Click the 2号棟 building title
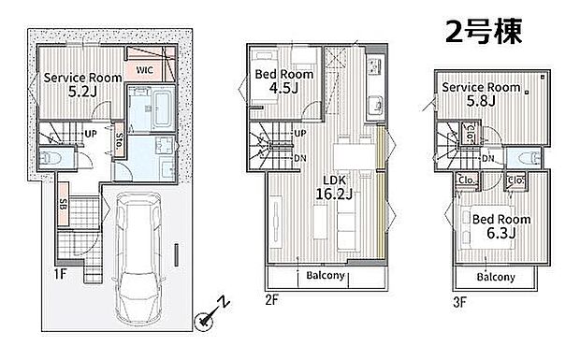[x=484, y=32]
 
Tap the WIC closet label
[x=144, y=69]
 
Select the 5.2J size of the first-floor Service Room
[x=82, y=92]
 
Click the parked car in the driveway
[x=138, y=258]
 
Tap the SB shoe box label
[x=63, y=204]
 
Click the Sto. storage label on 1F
[x=119, y=140]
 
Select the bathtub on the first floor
[x=163, y=108]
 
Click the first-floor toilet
[x=51, y=159]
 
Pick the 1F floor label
[x=60, y=274]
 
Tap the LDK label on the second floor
[x=334, y=180]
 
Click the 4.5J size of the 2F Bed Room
[x=283, y=88]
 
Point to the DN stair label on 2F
[x=300, y=158]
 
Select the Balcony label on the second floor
[x=326, y=275]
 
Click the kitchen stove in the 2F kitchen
[x=374, y=67]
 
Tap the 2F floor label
[x=272, y=300]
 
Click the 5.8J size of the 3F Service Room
[x=481, y=101]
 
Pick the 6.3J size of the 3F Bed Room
[x=501, y=233]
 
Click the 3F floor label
[x=459, y=302]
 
